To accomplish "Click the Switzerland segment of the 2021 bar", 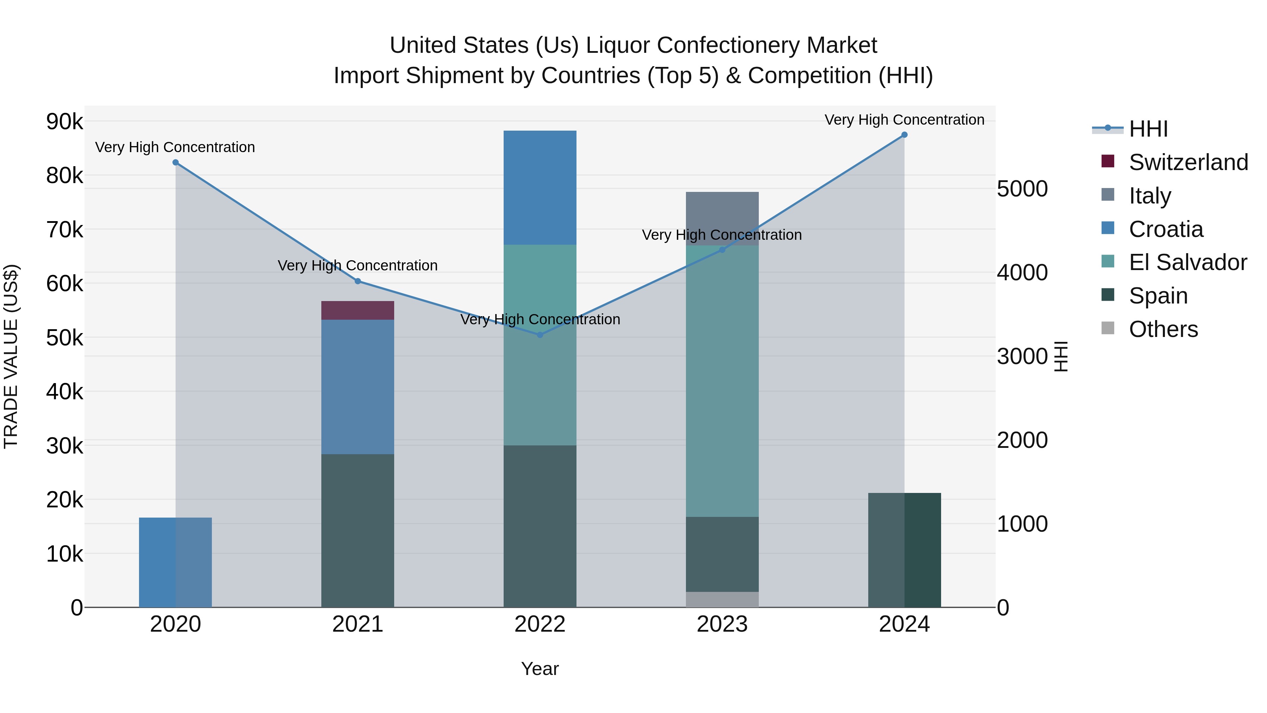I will pos(358,311).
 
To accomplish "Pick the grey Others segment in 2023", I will pos(722,599).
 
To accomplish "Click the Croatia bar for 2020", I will pos(175,562).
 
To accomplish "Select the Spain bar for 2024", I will pos(904,550).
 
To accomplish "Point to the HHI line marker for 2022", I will pos(540,334).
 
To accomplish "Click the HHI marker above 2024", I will pos(904,135).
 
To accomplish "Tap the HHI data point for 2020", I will pos(176,162).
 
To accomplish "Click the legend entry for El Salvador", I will pos(1187,262).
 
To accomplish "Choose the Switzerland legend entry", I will pos(1188,162).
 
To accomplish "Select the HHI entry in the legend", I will pos(1148,129).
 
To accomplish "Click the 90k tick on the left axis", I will pos(64,121).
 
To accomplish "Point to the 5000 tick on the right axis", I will pos(1022,189).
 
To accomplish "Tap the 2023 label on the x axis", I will pos(722,624).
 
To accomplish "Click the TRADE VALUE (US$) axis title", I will pos(11,356).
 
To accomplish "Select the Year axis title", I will pos(540,669).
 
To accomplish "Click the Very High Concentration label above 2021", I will pos(358,266).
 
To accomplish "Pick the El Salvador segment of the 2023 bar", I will pos(722,384).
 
